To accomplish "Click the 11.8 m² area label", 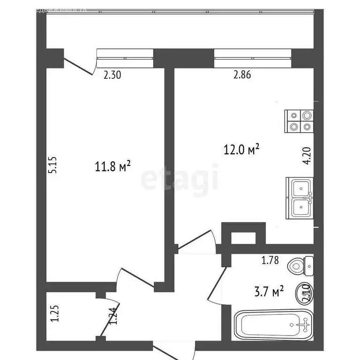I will pos(112,166).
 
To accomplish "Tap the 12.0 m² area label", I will pos(241,150).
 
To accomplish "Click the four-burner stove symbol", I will pos(299,120).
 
